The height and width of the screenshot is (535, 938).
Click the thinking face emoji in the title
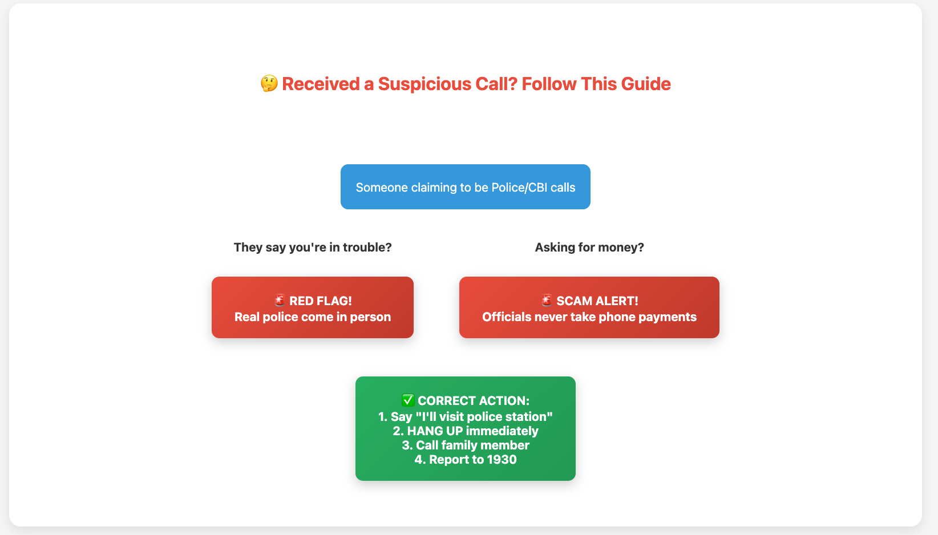pos(269,83)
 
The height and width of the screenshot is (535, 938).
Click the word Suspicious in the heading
pos(424,84)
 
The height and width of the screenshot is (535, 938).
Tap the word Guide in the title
pos(646,84)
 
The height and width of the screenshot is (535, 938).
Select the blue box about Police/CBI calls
pos(465,187)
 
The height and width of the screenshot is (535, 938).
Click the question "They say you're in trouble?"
pos(313,248)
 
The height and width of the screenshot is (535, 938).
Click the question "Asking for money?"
pos(589,248)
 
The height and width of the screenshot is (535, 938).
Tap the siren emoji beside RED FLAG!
pos(280,300)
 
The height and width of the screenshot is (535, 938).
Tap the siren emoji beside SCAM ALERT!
pos(546,300)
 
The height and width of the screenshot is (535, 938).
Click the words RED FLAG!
pos(320,301)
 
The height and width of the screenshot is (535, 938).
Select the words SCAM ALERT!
pos(597,301)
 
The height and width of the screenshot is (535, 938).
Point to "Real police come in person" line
pos(313,317)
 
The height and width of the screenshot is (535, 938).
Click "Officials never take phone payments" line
pos(589,317)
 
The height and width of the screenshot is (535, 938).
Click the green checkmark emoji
pos(408,400)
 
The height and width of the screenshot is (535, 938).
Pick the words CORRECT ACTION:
pos(474,400)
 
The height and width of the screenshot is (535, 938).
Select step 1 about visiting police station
pos(465,416)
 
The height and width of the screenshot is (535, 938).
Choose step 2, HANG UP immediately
pos(465,431)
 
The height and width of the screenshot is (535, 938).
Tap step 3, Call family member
pos(465,445)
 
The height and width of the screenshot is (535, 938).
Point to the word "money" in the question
pos(617,248)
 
